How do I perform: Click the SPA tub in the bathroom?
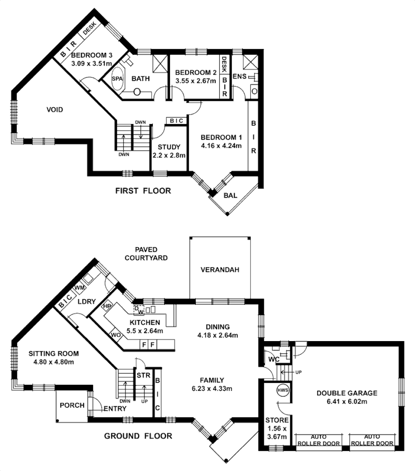[117, 79]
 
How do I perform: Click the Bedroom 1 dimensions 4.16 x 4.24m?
[221, 146]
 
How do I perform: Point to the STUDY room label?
[169, 147]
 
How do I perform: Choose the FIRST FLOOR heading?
[143, 191]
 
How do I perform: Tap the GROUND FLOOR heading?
[138, 436]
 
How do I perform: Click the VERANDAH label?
[220, 270]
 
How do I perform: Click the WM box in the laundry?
[80, 287]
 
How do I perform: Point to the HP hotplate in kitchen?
[107, 307]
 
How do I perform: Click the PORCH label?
[72, 405]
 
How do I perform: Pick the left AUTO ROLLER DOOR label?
[319, 440]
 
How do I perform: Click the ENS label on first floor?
[239, 77]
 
